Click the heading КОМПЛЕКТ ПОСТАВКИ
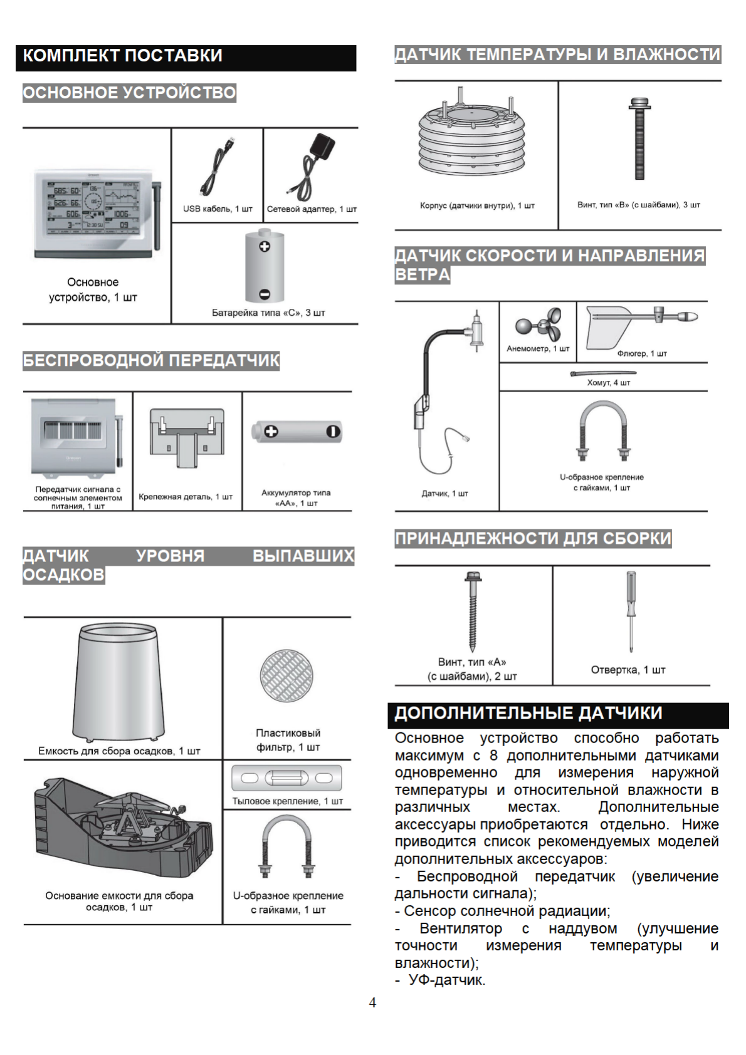tap(123, 56)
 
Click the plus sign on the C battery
tap(265, 246)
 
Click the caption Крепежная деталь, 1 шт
tap(186, 497)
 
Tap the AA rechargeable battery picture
tap(297, 432)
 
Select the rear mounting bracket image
tap(287, 778)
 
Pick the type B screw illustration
tap(639, 138)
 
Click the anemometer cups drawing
tap(538, 324)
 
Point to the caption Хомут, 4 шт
tap(608, 383)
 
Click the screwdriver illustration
tap(631, 611)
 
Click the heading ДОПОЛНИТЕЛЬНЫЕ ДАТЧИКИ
tap(528, 714)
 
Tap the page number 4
tap(372, 1003)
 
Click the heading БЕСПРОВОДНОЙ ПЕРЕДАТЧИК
tap(151, 361)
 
